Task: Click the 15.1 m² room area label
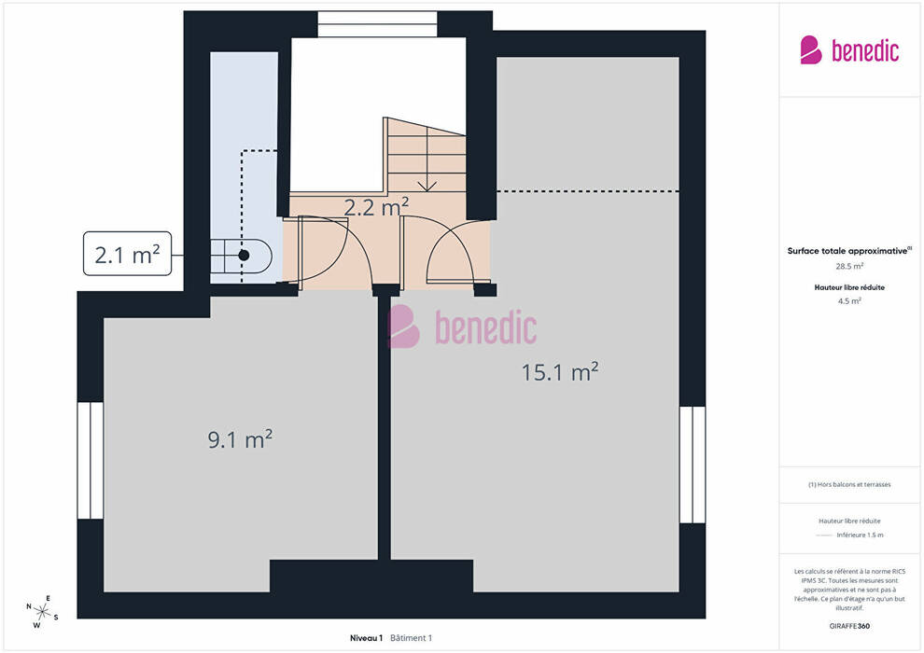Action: [x=560, y=371]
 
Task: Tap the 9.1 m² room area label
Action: [x=240, y=438]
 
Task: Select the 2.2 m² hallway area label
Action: [x=376, y=207]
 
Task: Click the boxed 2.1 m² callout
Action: [x=127, y=254]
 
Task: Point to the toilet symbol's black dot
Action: [x=244, y=256]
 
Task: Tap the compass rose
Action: [x=42, y=612]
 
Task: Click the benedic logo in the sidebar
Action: [x=849, y=50]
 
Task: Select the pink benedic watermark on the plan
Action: [x=463, y=326]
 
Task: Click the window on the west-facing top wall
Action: [x=377, y=23]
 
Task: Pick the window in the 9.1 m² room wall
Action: [x=91, y=460]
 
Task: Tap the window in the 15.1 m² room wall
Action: [x=693, y=465]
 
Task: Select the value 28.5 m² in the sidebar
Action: [x=849, y=266]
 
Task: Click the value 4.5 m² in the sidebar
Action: [x=849, y=301]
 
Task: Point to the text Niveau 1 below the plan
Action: [x=366, y=638]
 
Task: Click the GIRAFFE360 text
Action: [x=849, y=626]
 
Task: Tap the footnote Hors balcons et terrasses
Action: [x=849, y=484]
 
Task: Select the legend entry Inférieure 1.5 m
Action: [x=860, y=535]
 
